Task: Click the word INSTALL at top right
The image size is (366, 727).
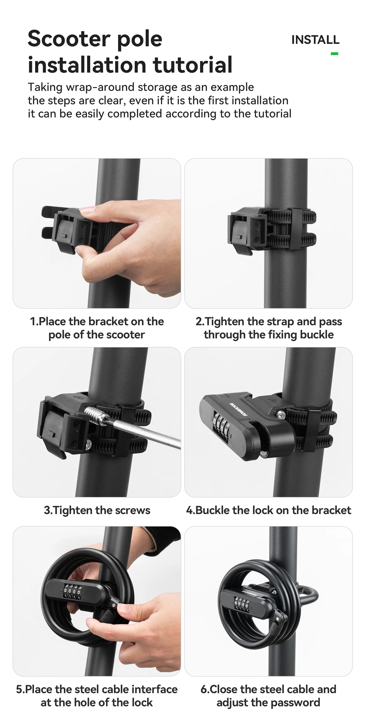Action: [x=315, y=40]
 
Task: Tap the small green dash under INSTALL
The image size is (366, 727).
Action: [x=334, y=54]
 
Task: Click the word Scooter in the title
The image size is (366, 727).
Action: [x=69, y=39]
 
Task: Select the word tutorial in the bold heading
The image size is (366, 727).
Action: [x=193, y=65]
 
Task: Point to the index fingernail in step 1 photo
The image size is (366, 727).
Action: [x=87, y=210]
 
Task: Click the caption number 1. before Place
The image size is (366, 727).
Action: [x=34, y=321]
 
